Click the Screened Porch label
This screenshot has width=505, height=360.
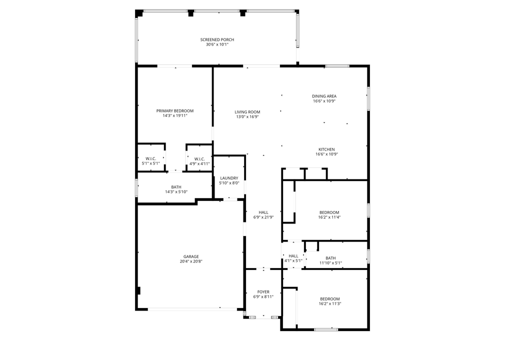tap(217, 40)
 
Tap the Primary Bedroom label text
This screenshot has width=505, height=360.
tap(174, 111)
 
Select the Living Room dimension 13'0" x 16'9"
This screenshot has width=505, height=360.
tap(247, 117)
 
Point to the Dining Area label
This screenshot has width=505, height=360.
tap(324, 96)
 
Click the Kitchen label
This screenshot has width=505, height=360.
tap(326, 149)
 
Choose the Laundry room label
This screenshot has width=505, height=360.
tap(229, 178)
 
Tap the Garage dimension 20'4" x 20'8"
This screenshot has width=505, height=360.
tap(191, 261)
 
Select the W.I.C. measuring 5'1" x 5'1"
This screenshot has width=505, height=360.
tap(150, 163)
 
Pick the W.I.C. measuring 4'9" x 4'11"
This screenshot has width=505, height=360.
tap(199, 163)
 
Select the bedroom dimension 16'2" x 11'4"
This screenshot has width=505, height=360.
tap(328, 217)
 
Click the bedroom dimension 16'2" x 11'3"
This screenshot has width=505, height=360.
tap(329, 303)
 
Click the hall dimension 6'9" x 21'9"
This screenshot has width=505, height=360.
tap(263, 217)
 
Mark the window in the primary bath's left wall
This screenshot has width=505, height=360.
tap(136, 187)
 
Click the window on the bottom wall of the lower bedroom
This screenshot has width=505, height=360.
tap(326, 329)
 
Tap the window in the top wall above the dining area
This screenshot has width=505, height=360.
tap(337, 66)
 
